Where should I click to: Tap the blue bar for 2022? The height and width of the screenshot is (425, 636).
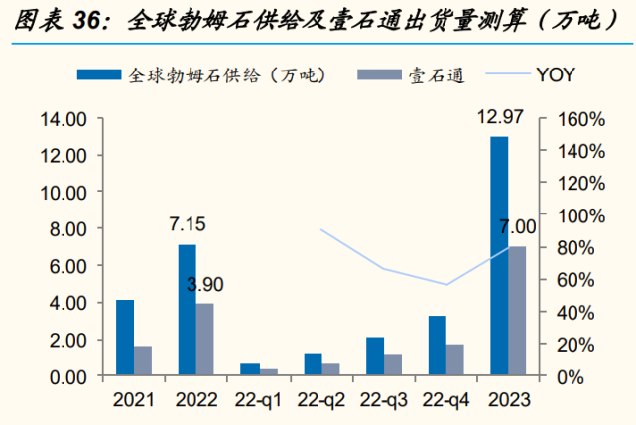tap(187, 310)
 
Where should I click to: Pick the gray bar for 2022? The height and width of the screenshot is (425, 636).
tap(204, 340)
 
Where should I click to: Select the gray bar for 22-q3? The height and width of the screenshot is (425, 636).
tap(392, 365)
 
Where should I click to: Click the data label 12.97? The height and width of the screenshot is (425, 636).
tap(499, 119)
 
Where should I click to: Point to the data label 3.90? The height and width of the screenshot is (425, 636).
tap(204, 285)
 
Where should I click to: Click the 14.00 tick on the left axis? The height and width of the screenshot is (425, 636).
tap(63, 120)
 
